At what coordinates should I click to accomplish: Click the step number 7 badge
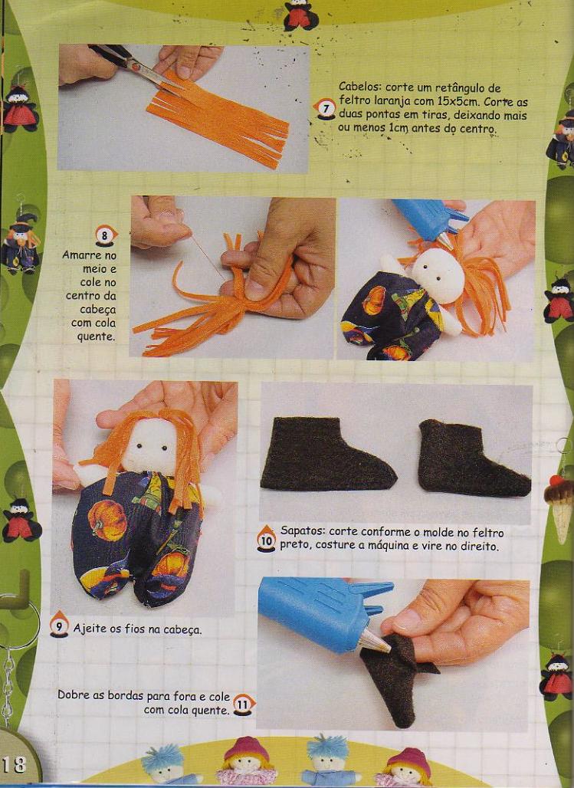coord(325,109)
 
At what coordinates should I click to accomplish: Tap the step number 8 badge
coord(106,235)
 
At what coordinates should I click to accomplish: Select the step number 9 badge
coord(59,626)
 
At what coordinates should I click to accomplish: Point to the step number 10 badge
coord(267,539)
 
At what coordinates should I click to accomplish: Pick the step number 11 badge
coord(244,704)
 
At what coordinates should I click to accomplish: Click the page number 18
coord(14,765)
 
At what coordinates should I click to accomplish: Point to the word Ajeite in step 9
coord(88,629)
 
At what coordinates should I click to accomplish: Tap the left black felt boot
coord(328,454)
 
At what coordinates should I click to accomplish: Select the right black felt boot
coord(473,458)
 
